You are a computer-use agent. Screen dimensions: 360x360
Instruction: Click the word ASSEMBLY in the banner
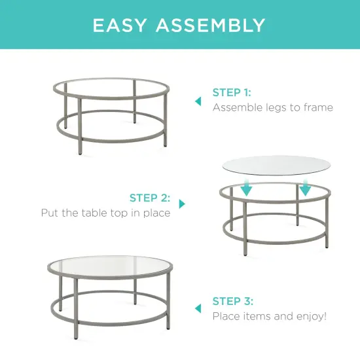point(211,26)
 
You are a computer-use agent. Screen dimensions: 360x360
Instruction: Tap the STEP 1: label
point(232,93)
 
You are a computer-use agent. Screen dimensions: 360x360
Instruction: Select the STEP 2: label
point(150,198)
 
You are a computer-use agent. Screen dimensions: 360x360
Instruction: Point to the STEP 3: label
point(232,301)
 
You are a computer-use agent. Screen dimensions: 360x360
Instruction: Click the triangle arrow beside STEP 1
point(198,101)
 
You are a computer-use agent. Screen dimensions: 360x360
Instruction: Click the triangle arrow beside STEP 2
point(182,204)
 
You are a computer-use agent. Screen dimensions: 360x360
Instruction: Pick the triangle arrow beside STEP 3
point(198,308)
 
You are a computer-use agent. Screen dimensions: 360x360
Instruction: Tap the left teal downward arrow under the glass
point(246,189)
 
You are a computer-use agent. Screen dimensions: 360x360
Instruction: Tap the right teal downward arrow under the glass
point(305,189)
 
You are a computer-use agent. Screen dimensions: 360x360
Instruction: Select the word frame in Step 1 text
point(316,107)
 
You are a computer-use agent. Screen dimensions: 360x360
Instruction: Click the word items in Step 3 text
point(254,316)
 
